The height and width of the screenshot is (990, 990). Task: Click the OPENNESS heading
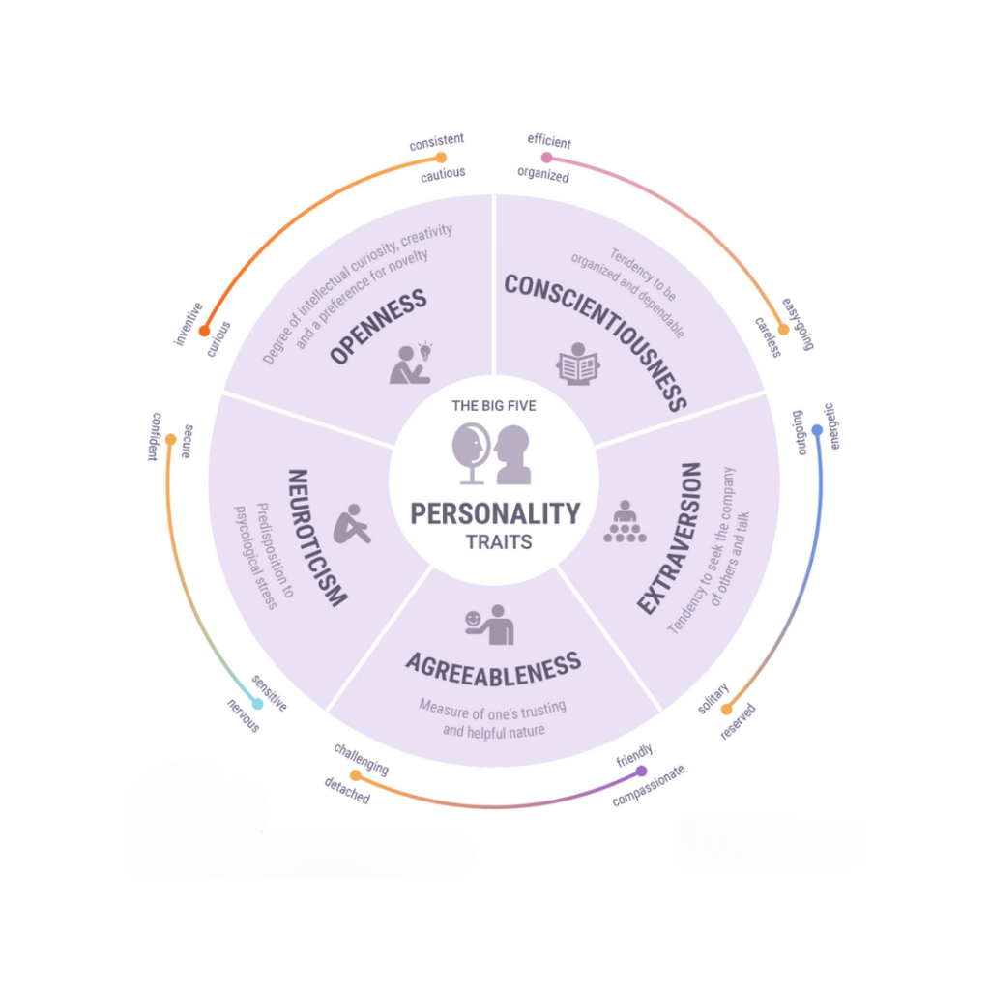(x=378, y=327)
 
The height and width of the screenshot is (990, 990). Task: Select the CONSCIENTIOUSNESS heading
(x=596, y=342)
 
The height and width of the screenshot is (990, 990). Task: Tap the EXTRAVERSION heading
(x=669, y=538)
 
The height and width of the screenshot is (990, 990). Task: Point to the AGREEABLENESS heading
(x=494, y=669)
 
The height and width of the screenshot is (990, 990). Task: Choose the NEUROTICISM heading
(x=317, y=538)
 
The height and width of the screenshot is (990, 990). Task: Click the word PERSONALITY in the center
(x=495, y=514)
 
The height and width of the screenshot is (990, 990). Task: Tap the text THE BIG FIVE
(x=494, y=406)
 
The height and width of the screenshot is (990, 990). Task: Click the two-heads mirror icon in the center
(x=491, y=454)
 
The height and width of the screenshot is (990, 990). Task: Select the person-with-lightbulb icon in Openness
(x=411, y=364)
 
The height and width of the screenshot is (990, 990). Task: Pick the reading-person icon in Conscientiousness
(x=578, y=364)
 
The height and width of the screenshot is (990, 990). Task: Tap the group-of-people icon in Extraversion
(x=626, y=521)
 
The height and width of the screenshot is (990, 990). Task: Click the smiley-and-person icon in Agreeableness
(x=489, y=626)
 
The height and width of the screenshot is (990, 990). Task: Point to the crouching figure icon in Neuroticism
(x=352, y=524)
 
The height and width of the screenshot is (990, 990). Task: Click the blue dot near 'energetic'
(x=817, y=430)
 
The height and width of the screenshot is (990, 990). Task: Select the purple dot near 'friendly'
(x=642, y=771)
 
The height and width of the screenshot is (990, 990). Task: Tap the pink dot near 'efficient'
(x=547, y=158)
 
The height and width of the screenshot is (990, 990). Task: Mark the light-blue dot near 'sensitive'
(x=257, y=704)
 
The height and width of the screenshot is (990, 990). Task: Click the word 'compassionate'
(x=649, y=786)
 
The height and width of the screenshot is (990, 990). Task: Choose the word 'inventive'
(x=189, y=324)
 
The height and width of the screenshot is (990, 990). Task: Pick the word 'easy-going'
(x=798, y=324)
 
